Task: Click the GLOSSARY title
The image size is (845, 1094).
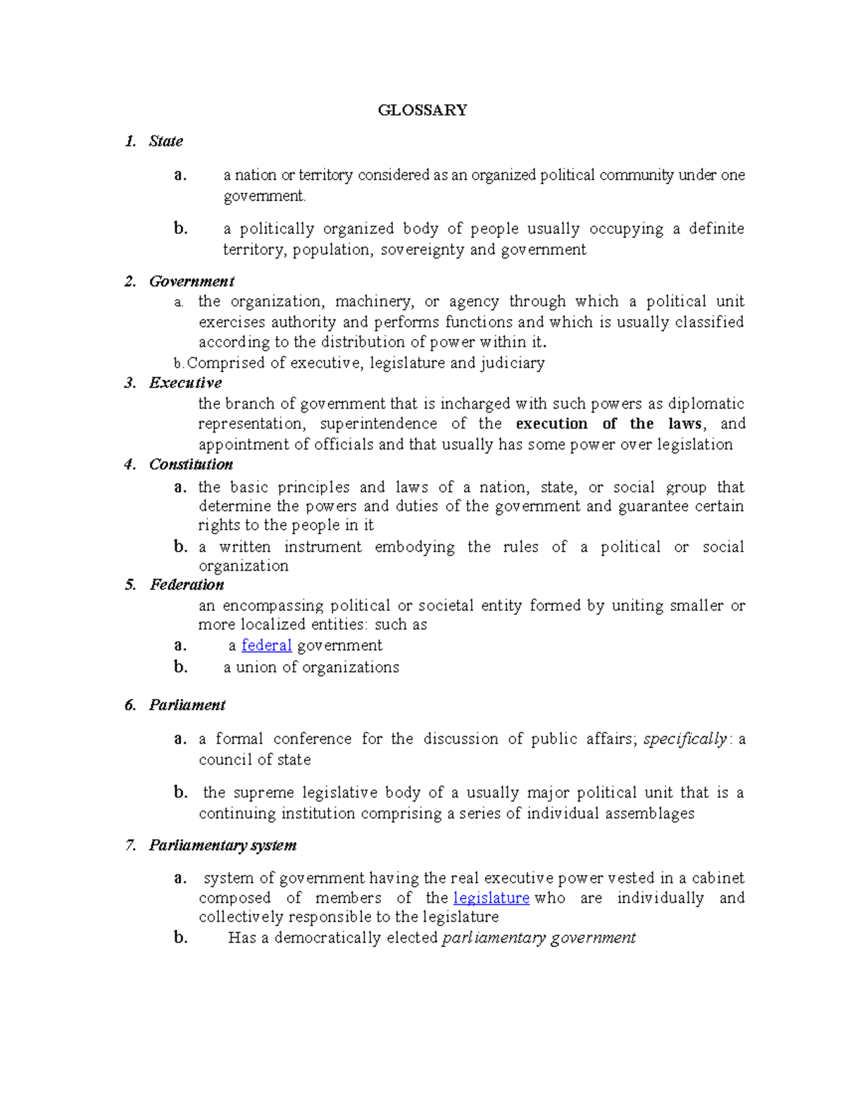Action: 423,110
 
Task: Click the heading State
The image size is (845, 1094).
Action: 165,141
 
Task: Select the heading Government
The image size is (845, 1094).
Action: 191,281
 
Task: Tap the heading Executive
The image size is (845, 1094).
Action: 185,383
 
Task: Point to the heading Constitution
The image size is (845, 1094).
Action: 191,464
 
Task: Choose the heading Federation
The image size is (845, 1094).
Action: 187,585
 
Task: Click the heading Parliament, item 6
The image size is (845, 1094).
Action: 187,705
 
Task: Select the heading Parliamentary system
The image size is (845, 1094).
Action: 223,845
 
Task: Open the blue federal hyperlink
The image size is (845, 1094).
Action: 266,645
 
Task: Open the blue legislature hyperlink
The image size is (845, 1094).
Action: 491,898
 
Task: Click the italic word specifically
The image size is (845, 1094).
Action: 684,739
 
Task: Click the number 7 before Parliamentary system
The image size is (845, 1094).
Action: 130,845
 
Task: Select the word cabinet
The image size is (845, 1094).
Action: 718,878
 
